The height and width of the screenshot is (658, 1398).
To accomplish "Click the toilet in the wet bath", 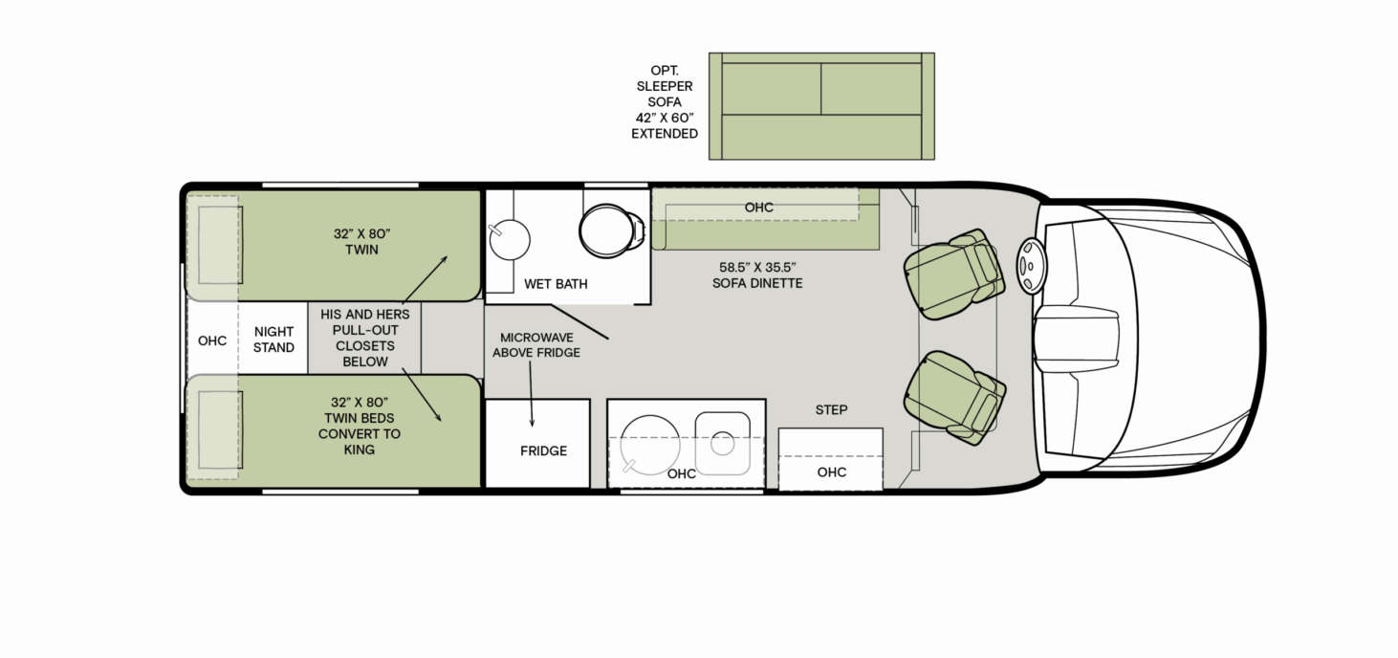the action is click(611, 230).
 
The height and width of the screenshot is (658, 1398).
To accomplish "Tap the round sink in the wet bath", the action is click(510, 239).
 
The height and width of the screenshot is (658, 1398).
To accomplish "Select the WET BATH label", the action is click(556, 284).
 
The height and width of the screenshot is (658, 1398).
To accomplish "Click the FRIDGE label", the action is click(543, 450).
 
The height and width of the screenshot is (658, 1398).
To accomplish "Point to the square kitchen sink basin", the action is click(723, 443).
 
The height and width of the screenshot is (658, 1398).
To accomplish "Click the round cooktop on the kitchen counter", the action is click(649, 445).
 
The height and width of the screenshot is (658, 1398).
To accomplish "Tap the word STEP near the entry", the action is click(831, 409).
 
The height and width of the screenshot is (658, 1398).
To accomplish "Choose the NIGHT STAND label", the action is click(273, 340).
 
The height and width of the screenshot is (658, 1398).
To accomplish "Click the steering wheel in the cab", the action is click(1031, 266).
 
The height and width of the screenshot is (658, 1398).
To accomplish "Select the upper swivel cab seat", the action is click(953, 274).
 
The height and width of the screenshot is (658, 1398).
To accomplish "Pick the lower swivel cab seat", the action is click(954, 398).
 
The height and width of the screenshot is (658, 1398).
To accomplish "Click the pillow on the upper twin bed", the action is click(220, 245).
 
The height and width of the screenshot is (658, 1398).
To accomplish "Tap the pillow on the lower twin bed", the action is click(220, 429).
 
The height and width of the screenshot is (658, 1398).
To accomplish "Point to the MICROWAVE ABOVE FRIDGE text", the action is click(536, 345).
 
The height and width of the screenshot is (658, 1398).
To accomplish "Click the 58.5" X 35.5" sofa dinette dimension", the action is click(757, 267).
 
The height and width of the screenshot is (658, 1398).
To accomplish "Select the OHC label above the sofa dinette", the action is click(759, 208).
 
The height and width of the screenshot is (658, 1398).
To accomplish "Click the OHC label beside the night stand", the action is click(212, 340).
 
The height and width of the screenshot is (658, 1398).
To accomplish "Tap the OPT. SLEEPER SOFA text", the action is click(664, 86).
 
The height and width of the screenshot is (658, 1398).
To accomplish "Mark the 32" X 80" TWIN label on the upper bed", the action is click(362, 242).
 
